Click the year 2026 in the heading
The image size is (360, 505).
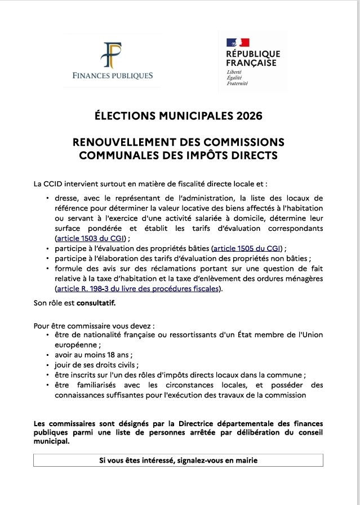pos(250,117)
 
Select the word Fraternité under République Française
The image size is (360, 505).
pos(237,83)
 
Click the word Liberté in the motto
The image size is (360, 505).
pos(234,73)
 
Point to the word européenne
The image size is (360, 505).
pos(76,345)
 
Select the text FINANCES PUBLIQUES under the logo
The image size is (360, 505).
pos(113,75)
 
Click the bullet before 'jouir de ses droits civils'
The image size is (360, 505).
pos(47,365)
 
